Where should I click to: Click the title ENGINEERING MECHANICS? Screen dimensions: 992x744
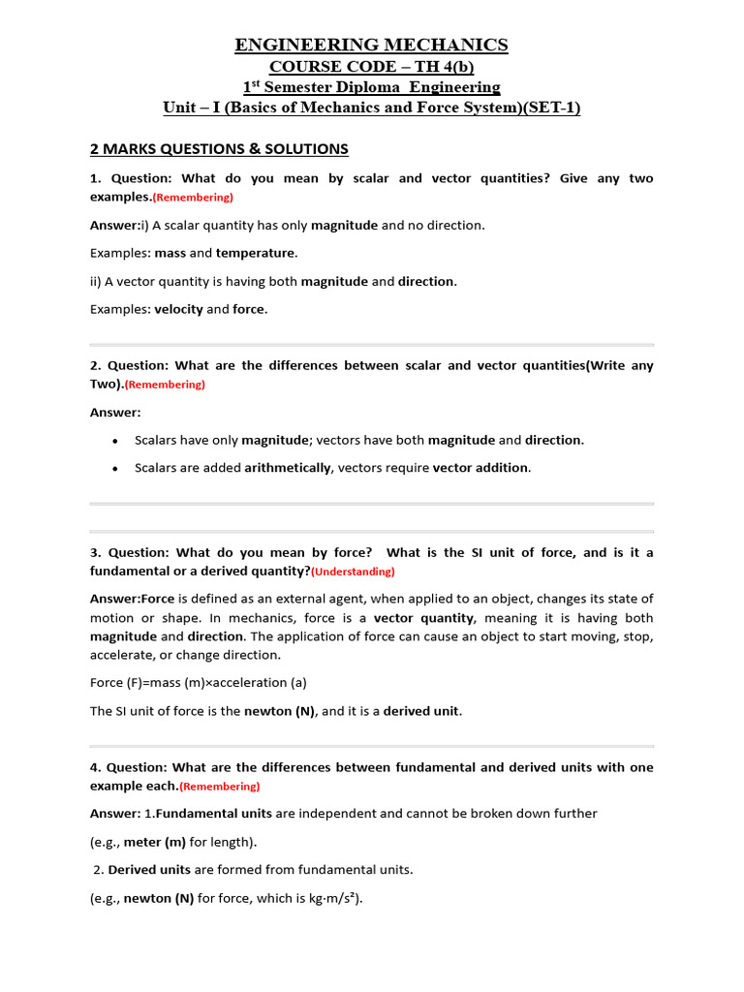(x=372, y=45)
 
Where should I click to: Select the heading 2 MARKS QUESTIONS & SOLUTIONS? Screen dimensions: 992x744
(x=219, y=149)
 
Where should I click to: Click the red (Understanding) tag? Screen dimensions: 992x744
(x=353, y=572)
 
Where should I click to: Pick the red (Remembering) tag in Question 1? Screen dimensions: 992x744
(x=194, y=198)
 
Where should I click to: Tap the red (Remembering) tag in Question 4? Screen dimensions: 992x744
(x=220, y=787)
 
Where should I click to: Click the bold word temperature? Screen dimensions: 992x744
(x=256, y=253)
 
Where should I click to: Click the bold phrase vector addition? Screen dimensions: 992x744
(x=480, y=468)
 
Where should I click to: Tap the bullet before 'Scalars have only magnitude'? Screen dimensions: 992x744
(x=115, y=441)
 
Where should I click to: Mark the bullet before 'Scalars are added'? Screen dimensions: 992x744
(x=115, y=469)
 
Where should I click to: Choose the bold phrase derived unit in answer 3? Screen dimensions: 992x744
(x=421, y=711)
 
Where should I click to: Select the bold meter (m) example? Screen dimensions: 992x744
(x=155, y=842)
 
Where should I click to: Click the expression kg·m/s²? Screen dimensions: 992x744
(x=322, y=898)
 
